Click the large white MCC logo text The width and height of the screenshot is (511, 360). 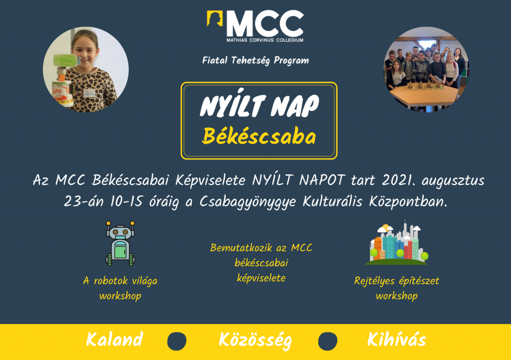tap(265, 23)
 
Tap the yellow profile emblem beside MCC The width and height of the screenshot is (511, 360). tap(215, 18)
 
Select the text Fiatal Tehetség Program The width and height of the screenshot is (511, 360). tap(255, 60)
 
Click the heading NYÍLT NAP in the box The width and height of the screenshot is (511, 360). tap(259, 104)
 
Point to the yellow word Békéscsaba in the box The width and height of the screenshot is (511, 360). tap(259, 136)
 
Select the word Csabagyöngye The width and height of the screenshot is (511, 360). tap(248, 202)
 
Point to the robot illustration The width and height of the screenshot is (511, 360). tap(120, 243)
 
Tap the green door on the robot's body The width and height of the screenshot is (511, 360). tap(120, 252)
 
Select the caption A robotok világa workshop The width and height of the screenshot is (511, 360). tap(120, 288)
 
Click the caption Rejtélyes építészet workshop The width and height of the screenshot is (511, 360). tap(397, 288)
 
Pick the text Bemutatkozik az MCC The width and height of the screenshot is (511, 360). tap(261, 248)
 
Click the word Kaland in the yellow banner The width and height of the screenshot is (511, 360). tap(114, 340)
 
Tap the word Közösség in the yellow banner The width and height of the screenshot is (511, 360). tap(255, 341)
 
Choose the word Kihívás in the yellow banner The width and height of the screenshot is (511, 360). tap(397, 340)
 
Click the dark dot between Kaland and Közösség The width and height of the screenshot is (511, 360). tap(177, 341)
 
